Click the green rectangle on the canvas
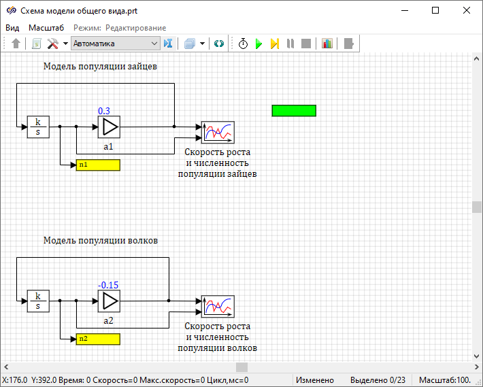coord(294,111)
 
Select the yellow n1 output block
coord(97,165)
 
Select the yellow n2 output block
coord(97,339)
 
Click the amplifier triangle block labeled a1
coord(109,127)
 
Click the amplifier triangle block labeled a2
coord(109,301)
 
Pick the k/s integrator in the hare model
coord(38,127)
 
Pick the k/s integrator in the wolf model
coord(38,301)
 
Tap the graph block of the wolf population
coord(218,306)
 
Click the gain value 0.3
coord(104,111)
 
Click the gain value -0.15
coord(108,285)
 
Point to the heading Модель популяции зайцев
coord(101,67)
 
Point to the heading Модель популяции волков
coord(101,240)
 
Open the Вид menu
coord(12,27)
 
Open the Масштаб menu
coord(46,27)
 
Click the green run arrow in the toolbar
coord(259,44)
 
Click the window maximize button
coord(435,11)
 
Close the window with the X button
coord(467,11)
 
